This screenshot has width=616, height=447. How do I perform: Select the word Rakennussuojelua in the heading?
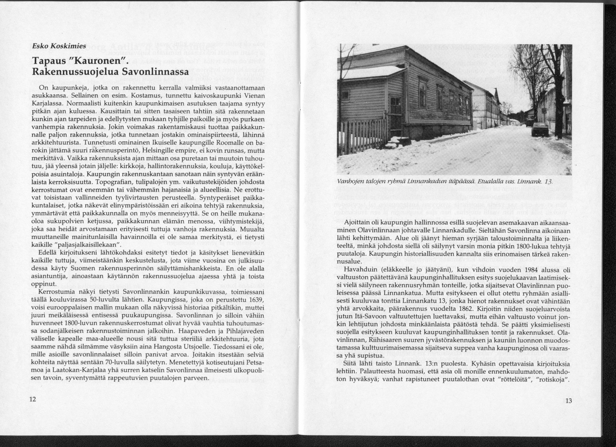[x=71, y=71]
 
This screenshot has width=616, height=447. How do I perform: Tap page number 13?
[x=568, y=401]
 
